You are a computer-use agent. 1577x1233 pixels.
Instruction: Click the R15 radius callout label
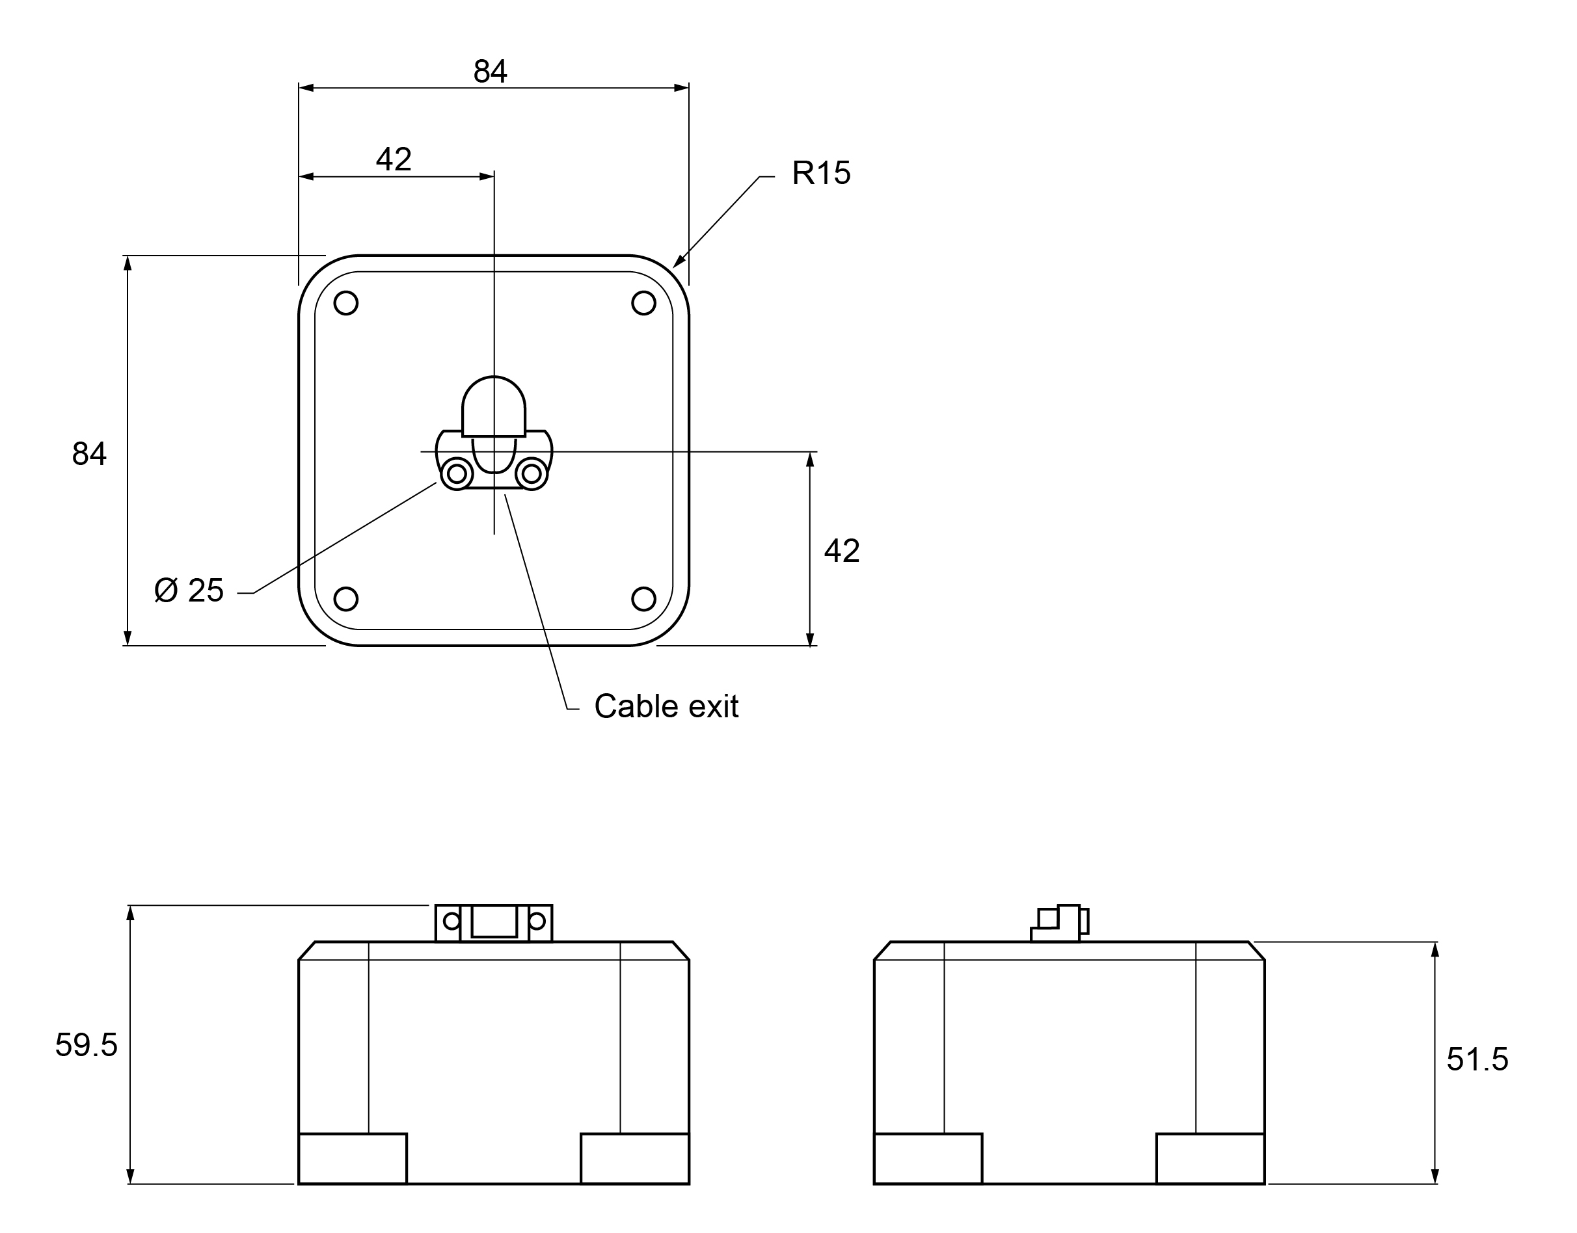pos(820,173)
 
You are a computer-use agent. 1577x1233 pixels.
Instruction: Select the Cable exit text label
pos(665,707)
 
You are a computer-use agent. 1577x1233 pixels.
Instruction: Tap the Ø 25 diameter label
pos(189,590)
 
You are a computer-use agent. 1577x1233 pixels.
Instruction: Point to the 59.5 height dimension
pos(86,1045)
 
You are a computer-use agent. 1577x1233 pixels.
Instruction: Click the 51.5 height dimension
pos(1477,1060)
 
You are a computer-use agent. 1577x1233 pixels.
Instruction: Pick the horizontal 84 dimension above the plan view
pos(491,72)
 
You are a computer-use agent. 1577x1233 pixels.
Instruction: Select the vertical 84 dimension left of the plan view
pos(89,454)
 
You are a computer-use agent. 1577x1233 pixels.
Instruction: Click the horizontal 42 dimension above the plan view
pos(394,159)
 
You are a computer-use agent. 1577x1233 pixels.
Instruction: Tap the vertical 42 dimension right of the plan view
pos(841,551)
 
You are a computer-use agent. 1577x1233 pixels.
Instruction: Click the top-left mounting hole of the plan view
pos(346,303)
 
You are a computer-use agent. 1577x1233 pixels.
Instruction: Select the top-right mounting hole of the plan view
pos(643,303)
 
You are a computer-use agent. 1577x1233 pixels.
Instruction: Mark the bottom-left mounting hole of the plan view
pos(346,599)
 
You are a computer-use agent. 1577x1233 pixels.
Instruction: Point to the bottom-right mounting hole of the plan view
pos(643,599)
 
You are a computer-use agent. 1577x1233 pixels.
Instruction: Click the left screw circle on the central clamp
pos(456,474)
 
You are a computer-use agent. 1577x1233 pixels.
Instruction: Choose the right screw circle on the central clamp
pos(532,474)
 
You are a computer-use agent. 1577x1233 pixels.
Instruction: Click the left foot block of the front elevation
pos(353,1159)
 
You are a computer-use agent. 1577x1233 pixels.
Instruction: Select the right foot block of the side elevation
pos(1210,1159)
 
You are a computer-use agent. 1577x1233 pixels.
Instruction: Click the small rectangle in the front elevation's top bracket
pos(494,922)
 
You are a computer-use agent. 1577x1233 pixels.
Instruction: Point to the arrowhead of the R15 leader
pos(677,264)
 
